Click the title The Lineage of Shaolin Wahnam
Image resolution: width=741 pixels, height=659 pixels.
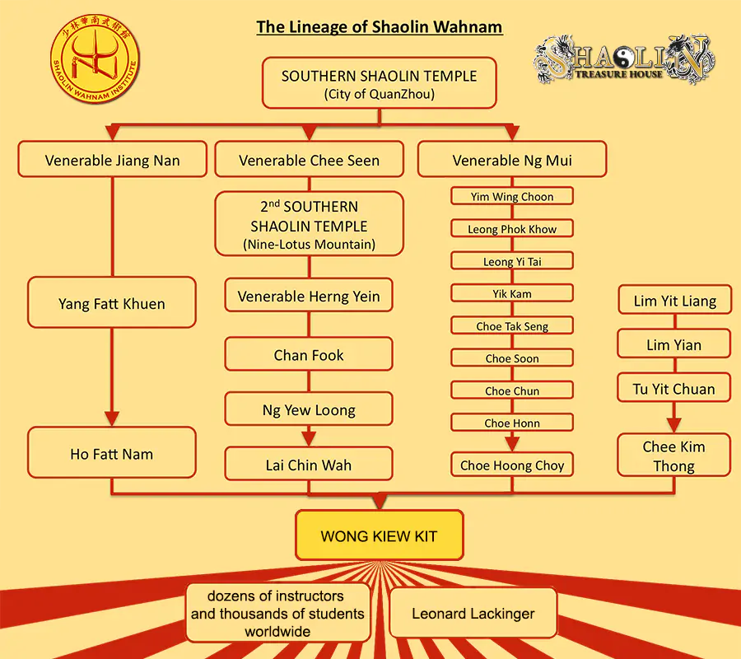[x=379, y=27]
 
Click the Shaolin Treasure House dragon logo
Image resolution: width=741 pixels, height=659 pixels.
[x=624, y=62]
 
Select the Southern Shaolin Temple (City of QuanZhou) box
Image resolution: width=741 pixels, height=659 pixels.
[x=379, y=83]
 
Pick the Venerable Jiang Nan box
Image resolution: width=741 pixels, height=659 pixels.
[x=112, y=161]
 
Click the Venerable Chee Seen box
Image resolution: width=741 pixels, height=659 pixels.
[x=309, y=161]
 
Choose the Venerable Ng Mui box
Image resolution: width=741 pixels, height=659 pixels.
[x=511, y=161]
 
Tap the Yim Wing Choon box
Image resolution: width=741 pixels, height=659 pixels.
[x=511, y=197]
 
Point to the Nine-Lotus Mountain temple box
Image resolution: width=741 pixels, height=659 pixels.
[x=309, y=224]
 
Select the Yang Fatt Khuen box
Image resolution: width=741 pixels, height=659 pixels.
[x=112, y=304]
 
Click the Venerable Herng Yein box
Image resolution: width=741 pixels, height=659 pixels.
[x=309, y=297]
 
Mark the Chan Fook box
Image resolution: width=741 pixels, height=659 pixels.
[x=309, y=355]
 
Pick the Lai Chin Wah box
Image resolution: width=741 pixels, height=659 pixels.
[x=309, y=465]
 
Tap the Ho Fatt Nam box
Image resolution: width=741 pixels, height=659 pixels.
[x=112, y=454]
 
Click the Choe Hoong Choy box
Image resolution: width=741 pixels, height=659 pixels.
[x=511, y=465]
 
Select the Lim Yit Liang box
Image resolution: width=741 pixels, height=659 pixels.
[x=674, y=301]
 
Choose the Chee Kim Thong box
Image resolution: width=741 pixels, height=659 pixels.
[x=674, y=456]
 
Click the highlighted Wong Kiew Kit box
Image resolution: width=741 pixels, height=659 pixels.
[x=379, y=536]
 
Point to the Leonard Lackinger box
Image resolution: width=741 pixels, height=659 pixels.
[x=473, y=614]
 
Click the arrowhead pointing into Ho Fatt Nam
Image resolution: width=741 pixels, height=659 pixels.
[x=112, y=419]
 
